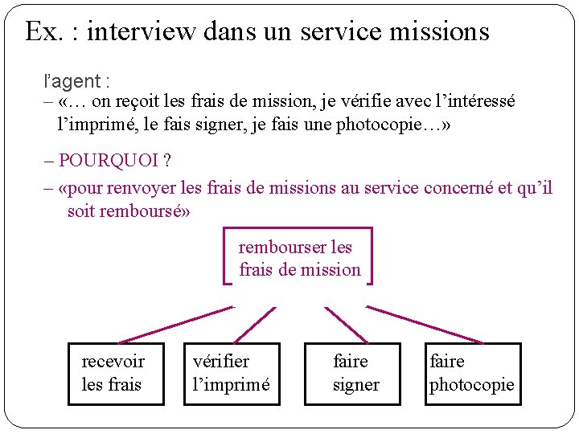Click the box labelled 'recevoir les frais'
116,374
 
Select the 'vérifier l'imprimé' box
232,374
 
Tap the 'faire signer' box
355,374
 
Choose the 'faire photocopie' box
472,374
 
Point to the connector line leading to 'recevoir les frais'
175,325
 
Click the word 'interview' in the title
141,31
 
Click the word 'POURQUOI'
109,161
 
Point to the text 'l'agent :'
76,81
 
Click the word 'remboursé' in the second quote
142,211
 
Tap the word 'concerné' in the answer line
458,189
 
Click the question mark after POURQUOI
166,161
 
